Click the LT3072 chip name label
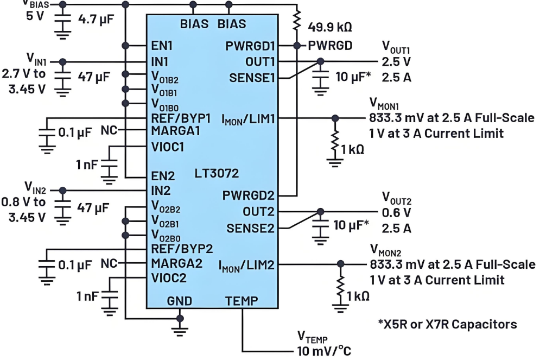click(217, 174)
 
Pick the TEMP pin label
click(242, 300)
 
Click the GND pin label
click(179, 300)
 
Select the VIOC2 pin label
click(169, 279)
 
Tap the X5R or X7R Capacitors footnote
click(447, 324)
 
